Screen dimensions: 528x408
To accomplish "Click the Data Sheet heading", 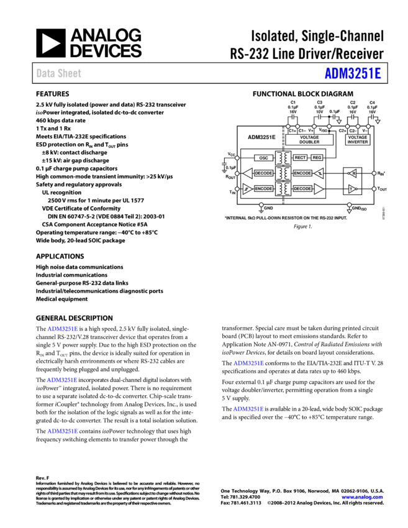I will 58,73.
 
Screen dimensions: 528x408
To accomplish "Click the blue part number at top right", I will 353,73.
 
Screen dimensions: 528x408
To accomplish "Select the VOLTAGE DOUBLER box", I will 309,140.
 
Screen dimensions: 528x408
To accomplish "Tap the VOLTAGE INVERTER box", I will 358,140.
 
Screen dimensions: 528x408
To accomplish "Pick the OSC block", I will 264,158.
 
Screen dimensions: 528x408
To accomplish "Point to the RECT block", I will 300,158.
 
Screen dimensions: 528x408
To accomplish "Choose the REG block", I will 317,158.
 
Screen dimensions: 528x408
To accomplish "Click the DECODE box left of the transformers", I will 263,173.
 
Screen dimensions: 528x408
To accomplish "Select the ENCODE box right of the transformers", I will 302,173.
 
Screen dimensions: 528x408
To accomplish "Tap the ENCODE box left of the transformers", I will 263,189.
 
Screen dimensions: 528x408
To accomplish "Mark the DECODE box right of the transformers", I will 302,189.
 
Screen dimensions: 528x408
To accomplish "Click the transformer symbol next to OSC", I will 283,158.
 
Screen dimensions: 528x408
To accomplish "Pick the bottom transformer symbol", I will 283,189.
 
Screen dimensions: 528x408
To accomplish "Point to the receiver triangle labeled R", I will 352,173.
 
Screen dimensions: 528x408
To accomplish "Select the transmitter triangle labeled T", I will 352,189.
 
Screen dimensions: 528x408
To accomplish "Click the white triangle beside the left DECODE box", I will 248,173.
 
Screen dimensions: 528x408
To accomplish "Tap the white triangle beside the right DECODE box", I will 319,189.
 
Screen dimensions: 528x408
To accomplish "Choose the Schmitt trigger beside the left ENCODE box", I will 247,189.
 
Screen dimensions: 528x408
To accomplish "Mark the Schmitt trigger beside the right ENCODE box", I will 319,173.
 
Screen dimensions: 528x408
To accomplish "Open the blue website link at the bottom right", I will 362,497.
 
